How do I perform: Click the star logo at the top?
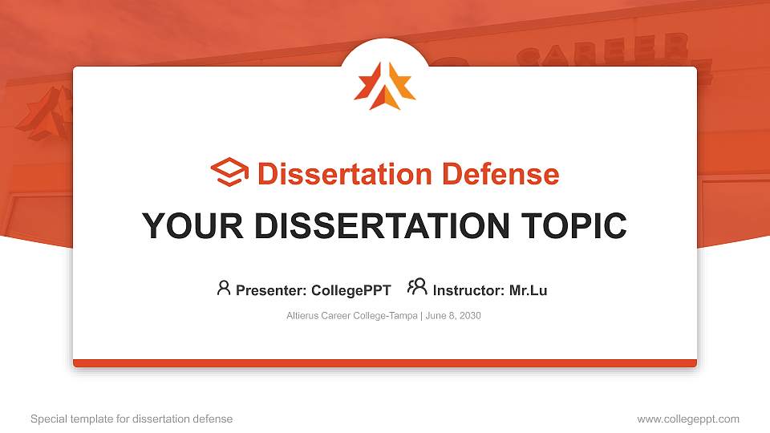pos(385,85)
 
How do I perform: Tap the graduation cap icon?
pos(229,173)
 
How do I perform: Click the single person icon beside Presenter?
pos(224,288)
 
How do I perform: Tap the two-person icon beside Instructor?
pos(417,287)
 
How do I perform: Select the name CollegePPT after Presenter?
pos(351,290)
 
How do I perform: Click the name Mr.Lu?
pos(528,290)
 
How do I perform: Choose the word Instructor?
pos(468,290)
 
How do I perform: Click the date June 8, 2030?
pos(453,316)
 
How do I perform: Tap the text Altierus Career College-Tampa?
pos(351,316)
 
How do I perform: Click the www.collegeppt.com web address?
pos(687,419)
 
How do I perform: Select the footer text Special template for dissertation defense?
pos(132,419)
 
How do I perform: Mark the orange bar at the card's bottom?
pos(385,363)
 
